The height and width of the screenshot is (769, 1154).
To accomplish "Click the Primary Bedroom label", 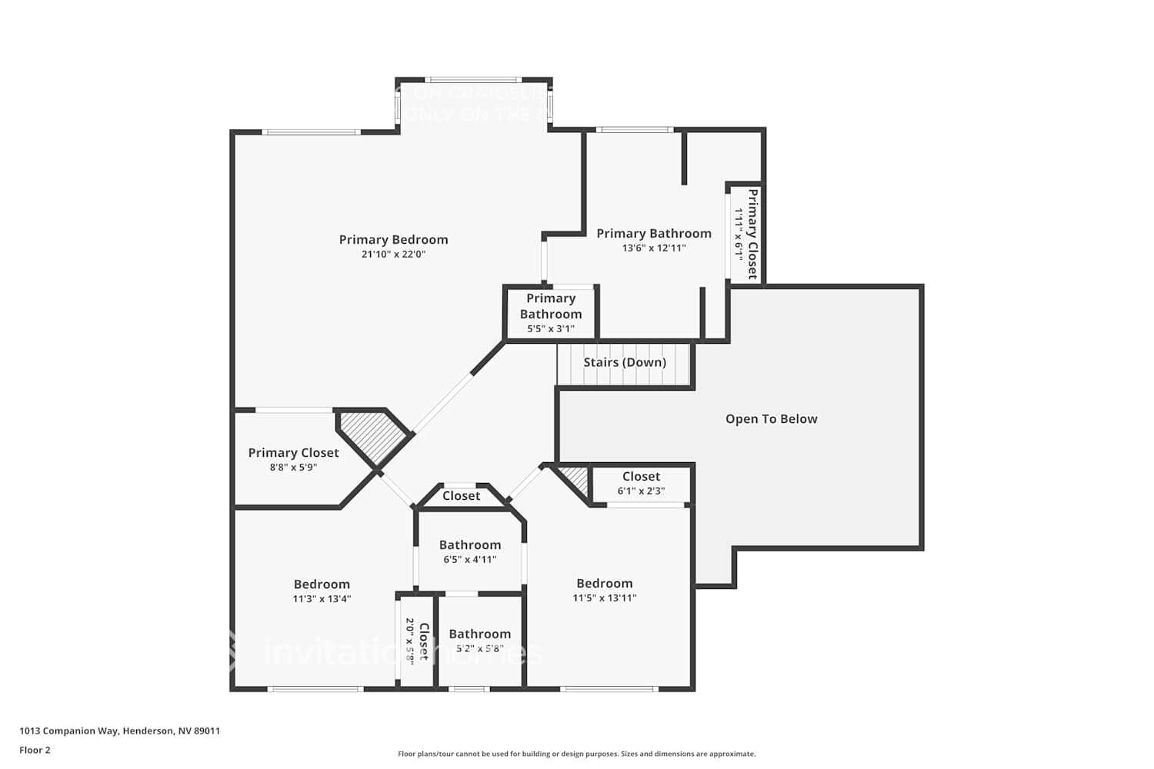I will click(x=393, y=240).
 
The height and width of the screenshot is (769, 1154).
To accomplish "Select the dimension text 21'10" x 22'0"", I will click(x=393, y=255).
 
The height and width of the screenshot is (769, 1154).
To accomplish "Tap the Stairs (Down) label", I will click(x=624, y=362).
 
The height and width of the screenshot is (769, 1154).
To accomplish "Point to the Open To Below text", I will click(x=771, y=419).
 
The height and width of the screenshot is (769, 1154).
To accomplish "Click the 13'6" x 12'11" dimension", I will click(x=653, y=248).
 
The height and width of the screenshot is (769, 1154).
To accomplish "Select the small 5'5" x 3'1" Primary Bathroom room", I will click(x=550, y=313).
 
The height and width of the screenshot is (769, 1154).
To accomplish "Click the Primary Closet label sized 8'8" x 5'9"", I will click(x=293, y=453).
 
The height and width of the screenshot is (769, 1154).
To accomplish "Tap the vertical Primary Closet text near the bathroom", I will click(x=752, y=234).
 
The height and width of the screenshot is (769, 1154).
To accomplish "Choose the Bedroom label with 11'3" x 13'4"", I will click(x=322, y=584).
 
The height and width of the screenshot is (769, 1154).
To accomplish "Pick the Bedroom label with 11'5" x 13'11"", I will click(x=604, y=584).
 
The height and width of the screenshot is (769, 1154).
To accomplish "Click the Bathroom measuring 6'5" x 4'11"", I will click(x=469, y=545).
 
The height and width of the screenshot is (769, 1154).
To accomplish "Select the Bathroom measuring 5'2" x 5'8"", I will click(x=479, y=634).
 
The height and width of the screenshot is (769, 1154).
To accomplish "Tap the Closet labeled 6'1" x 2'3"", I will click(x=641, y=477).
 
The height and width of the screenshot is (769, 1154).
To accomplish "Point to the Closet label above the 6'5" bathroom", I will click(x=461, y=496).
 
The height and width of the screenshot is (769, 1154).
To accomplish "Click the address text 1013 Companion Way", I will click(x=119, y=731).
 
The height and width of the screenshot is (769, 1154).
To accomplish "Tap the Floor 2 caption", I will click(x=35, y=751).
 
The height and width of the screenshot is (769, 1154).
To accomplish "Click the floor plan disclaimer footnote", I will click(x=576, y=754).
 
